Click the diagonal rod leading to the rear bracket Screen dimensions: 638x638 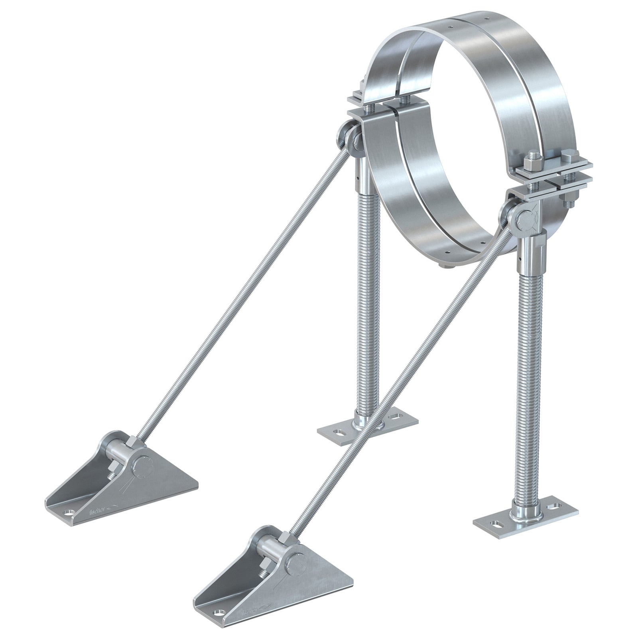coord(239,295)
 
